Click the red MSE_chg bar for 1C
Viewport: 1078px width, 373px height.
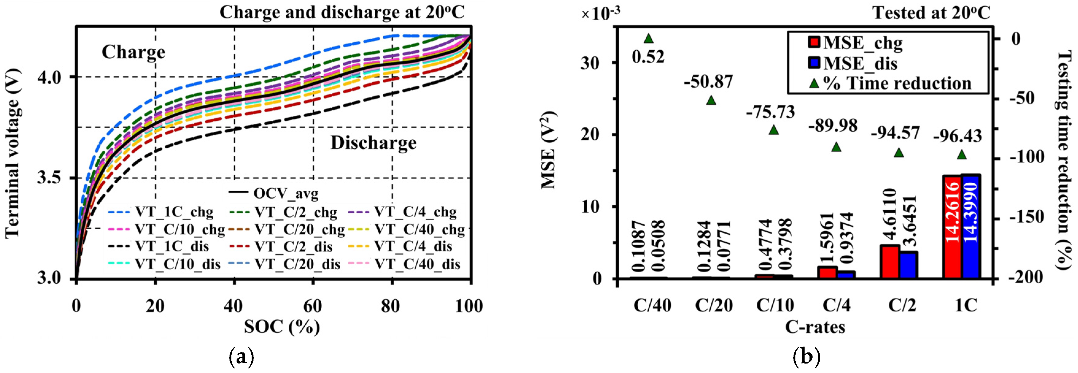coord(952,227)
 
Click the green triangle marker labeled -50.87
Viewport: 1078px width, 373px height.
coord(711,100)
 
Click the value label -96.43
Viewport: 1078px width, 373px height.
coord(957,136)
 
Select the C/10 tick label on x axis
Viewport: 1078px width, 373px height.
coord(775,305)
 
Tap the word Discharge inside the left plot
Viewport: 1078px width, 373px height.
coord(373,143)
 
